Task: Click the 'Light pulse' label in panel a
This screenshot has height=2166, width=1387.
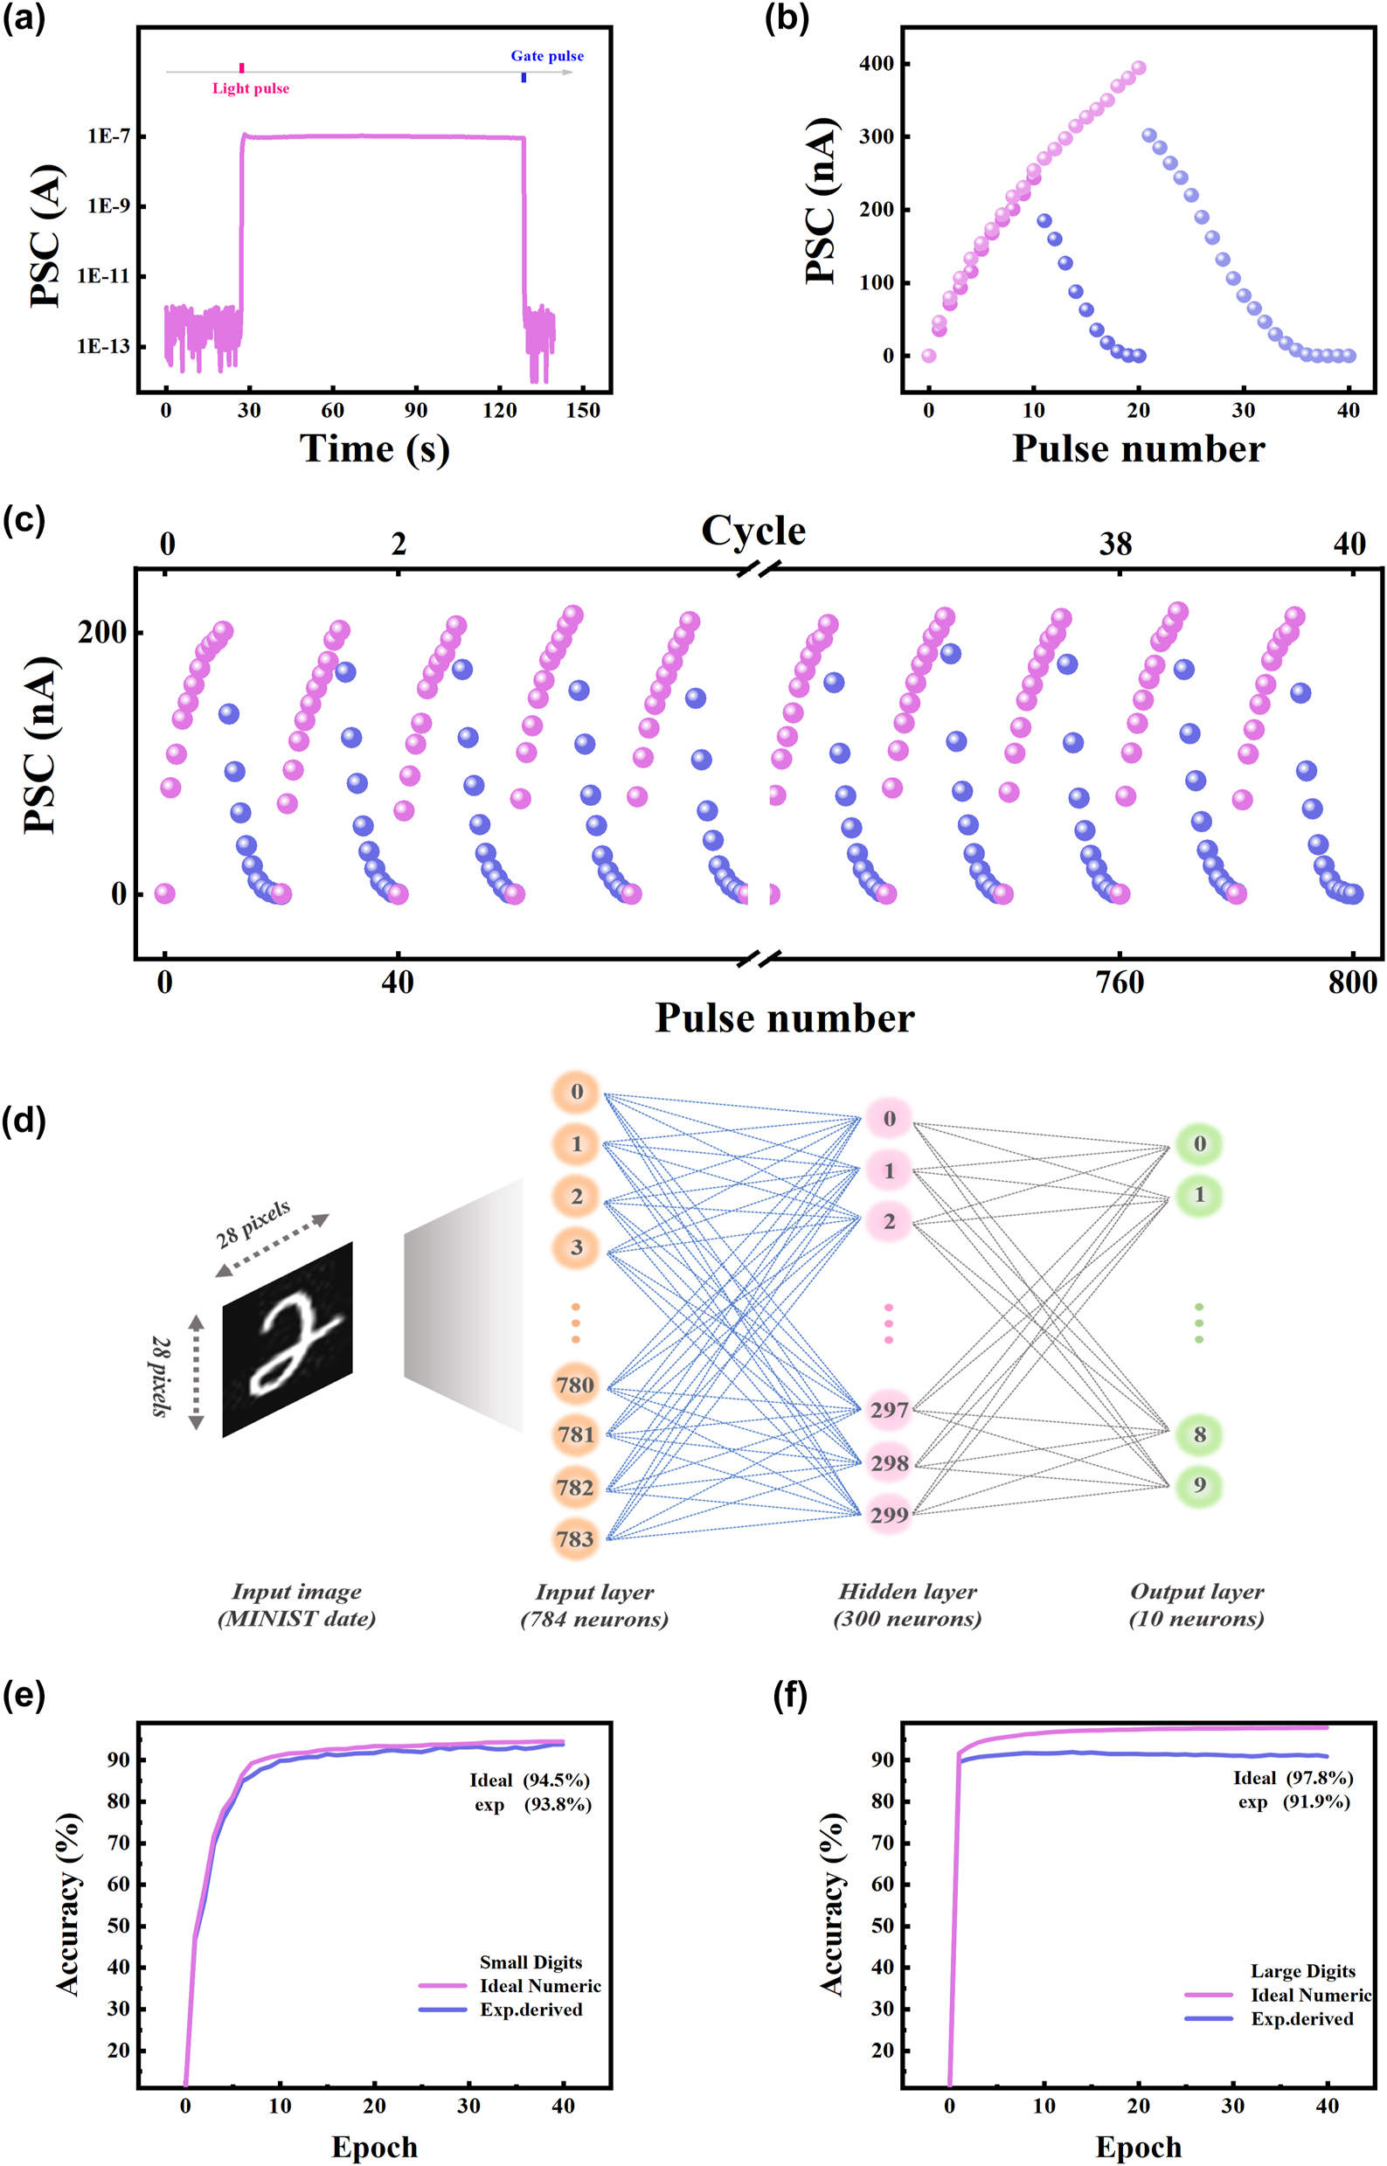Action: pyautogui.click(x=250, y=88)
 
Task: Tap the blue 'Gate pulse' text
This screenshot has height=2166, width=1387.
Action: pyautogui.click(x=547, y=56)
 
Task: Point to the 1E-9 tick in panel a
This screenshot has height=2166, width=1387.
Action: pyautogui.click(x=108, y=206)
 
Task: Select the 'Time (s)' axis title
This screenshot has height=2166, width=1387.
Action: pyautogui.click(x=374, y=448)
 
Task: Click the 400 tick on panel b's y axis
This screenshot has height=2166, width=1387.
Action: pyautogui.click(x=877, y=64)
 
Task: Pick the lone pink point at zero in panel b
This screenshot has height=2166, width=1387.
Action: pyautogui.click(x=928, y=356)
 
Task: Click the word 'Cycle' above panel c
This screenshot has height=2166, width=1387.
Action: pyautogui.click(x=753, y=531)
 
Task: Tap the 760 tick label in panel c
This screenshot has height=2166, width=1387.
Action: pyautogui.click(x=1120, y=982)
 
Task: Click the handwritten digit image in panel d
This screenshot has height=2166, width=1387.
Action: pyautogui.click(x=288, y=1339)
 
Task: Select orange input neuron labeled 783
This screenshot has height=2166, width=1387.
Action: pyautogui.click(x=576, y=1538)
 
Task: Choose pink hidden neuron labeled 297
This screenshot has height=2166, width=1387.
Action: pyautogui.click(x=889, y=1411)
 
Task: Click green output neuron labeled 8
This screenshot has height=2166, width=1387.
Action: pyautogui.click(x=1199, y=1434)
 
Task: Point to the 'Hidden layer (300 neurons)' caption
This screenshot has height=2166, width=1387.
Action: pyautogui.click(x=907, y=1605)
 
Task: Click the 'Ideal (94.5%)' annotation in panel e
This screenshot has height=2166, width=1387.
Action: pyautogui.click(x=530, y=1781)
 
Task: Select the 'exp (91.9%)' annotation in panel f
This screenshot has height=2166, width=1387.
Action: pyautogui.click(x=1293, y=1802)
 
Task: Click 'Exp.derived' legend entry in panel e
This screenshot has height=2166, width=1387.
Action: pyautogui.click(x=531, y=2010)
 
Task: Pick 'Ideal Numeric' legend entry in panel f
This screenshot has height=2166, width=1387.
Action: pyautogui.click(x=1309, y=1996)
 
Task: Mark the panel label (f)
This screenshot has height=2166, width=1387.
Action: pyautogui.click(x=790, y=1695)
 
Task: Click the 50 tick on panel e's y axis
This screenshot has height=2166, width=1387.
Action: pyautogui.click(x=118, y=1926)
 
